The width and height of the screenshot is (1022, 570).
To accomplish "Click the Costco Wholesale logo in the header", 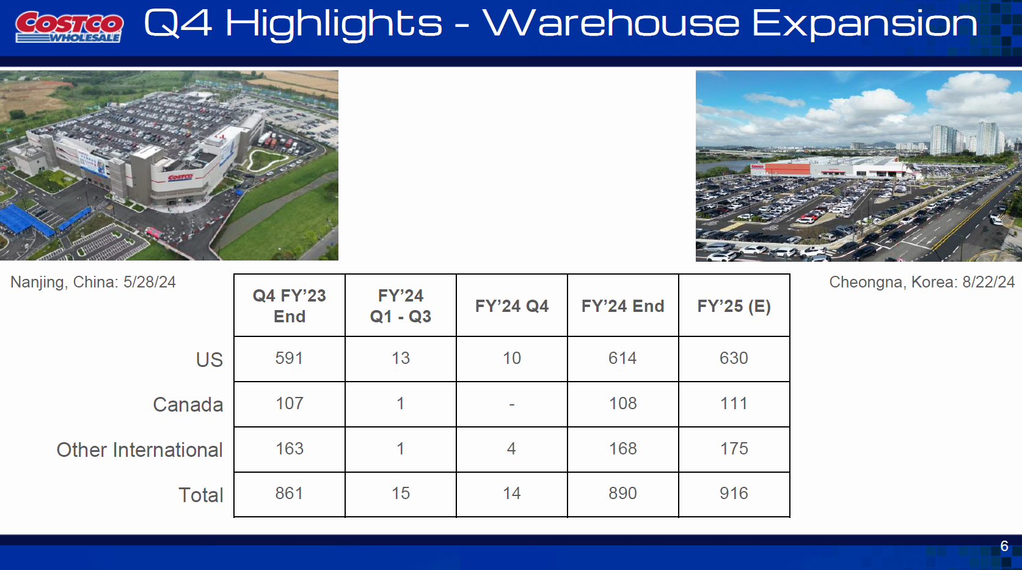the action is click(69, 27).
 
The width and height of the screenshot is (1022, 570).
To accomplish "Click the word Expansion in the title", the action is click(864, 24).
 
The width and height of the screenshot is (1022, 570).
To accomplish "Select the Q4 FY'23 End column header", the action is click(290, 306).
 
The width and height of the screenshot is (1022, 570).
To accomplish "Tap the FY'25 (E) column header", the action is click(734, 306).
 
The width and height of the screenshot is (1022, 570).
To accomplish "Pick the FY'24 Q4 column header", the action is click(511, 306).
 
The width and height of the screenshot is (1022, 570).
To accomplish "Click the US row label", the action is click(210, 360).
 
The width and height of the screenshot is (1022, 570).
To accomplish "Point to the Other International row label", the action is click(140, 450).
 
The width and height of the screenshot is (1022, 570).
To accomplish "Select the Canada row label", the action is click(188, 405).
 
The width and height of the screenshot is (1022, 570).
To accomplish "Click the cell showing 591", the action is click(290, 358).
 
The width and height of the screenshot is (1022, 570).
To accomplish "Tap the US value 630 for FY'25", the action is click(734, 358).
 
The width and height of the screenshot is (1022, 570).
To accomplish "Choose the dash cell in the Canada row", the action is click(511, 404).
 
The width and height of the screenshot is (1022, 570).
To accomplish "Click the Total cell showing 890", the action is click(622, 494).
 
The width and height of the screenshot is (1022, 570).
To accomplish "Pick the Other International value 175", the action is click(734, 448).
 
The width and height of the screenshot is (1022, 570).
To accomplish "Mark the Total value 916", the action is click(734, 494).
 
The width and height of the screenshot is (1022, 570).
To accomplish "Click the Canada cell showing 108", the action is click(622, 403).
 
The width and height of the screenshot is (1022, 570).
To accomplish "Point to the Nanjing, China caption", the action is click(93, 283).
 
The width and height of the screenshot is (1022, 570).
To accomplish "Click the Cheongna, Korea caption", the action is click(922, 283).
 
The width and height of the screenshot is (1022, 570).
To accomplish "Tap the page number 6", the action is click(1004, 546).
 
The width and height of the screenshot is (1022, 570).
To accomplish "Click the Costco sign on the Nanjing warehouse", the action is click(180, 177).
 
